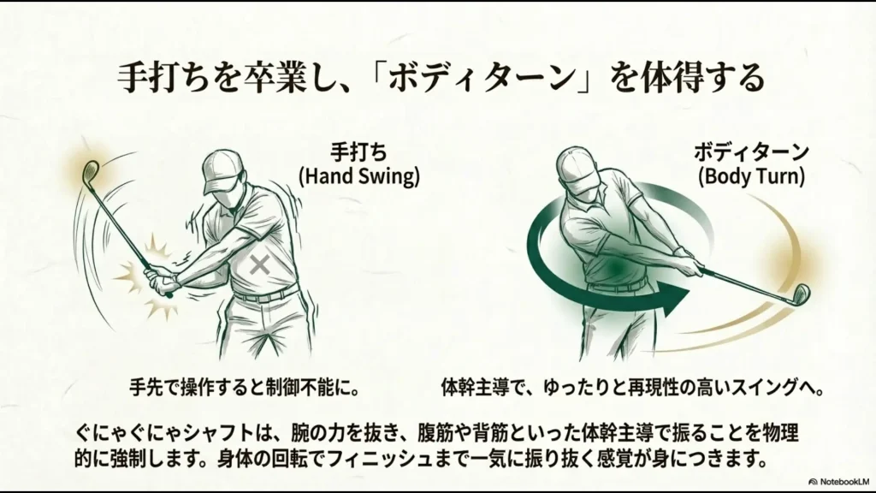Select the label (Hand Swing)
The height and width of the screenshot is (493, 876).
[x=359, y=177]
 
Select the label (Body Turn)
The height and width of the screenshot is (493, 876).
[x=750, y=177]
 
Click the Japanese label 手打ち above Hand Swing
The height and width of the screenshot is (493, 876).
[x=359, y=151]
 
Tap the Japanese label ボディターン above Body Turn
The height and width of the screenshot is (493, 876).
[x=751, y=151]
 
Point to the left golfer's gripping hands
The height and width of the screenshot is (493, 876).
[x=159, y=279]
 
